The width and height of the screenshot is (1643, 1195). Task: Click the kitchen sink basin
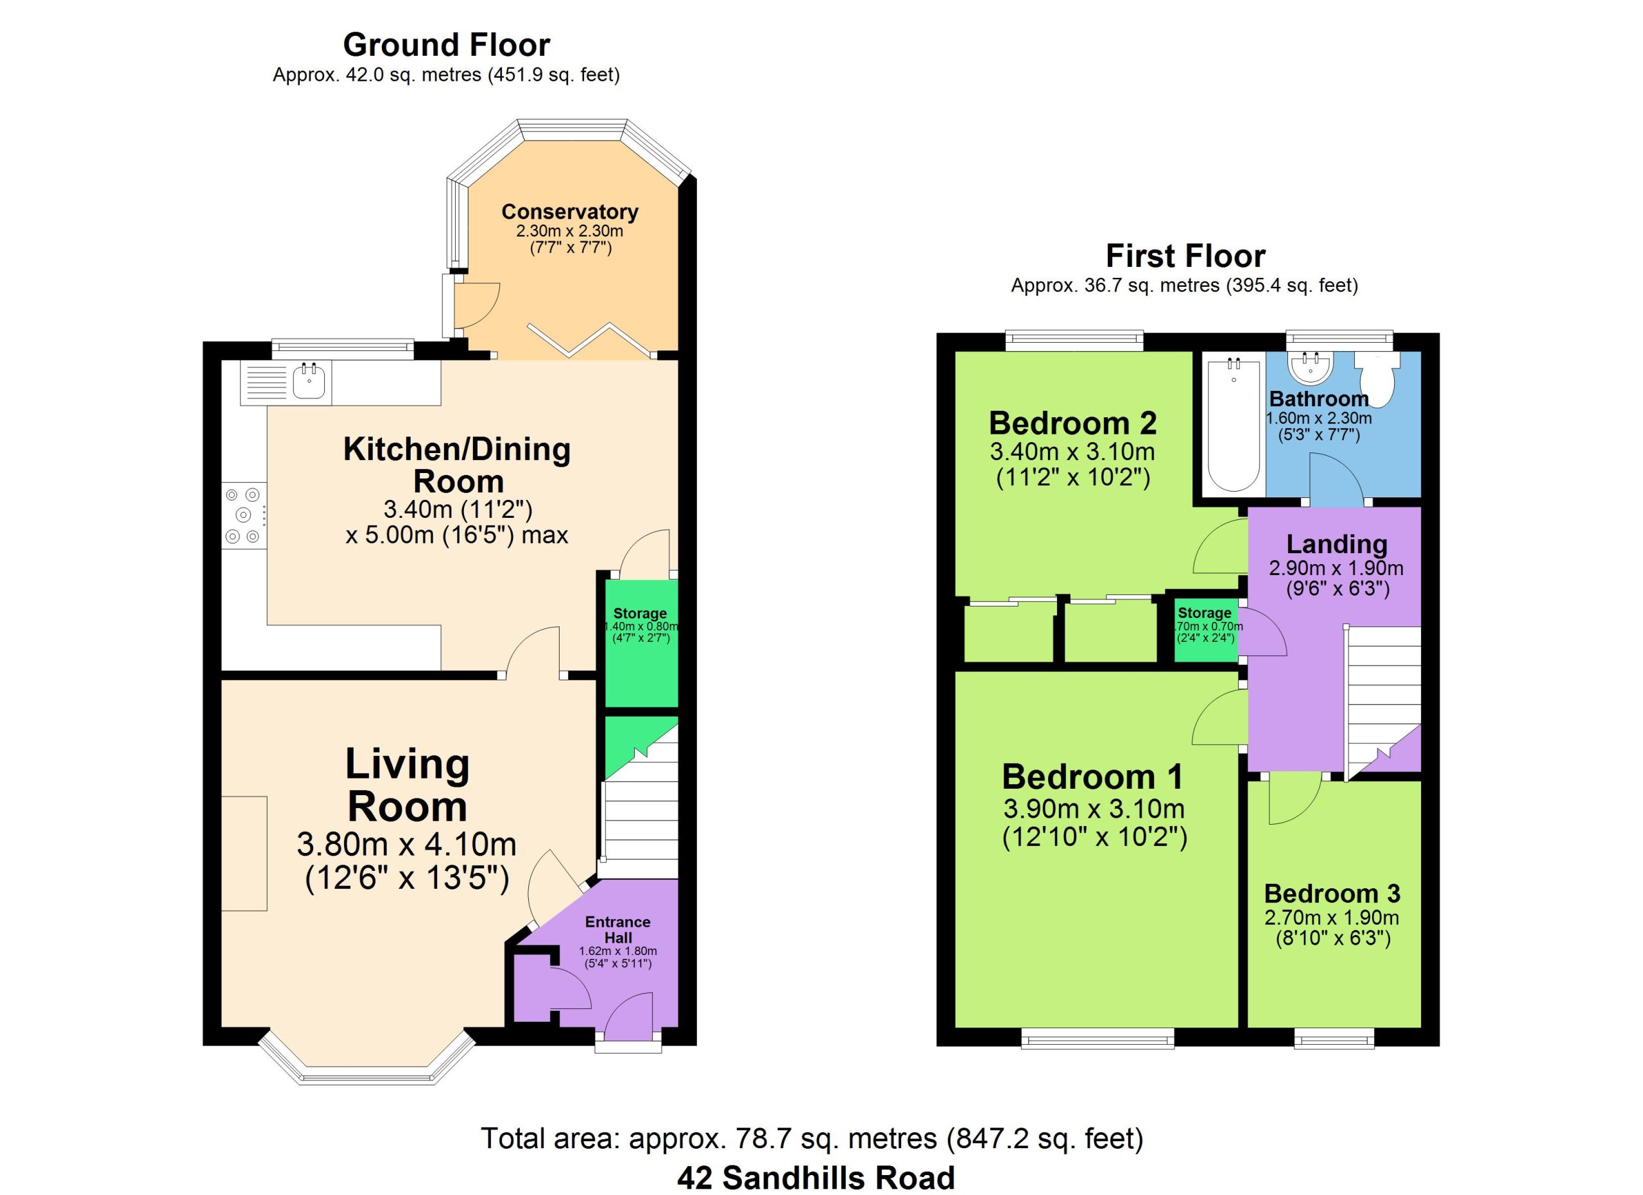(310, 382)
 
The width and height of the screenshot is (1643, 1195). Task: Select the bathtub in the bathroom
(1234, 424)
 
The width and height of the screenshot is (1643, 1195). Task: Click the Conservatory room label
(570, 212)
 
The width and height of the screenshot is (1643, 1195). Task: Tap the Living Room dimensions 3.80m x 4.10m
(406, 844)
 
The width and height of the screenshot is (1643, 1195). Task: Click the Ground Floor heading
(446, 45)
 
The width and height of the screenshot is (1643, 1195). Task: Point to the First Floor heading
(1185, 255)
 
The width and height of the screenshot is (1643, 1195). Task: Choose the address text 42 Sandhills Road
(816, 1178)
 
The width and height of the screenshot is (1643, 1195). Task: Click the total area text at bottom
(812, 1139)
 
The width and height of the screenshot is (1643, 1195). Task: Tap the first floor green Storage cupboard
(1205, 629)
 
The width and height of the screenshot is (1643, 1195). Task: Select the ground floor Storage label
(640, 614)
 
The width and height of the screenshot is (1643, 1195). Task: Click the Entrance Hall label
(618, 930)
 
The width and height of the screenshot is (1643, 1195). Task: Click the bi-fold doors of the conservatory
(591, 340)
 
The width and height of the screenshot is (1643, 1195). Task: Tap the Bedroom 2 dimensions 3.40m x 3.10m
(1072, 452)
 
